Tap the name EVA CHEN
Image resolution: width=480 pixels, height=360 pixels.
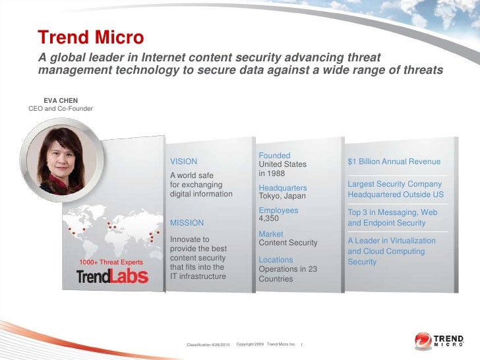[x=61, y=101]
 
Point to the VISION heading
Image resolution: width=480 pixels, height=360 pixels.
[x=183, y=162]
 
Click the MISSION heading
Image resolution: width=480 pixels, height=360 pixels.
[x=187, y=223]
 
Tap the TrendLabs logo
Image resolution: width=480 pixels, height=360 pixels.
[x=112, y=276]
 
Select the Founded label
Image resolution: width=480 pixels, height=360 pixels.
[x=274, y=156]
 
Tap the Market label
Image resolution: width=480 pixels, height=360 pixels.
[x=271, y=234]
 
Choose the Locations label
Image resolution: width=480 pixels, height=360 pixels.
[x=276, y=260]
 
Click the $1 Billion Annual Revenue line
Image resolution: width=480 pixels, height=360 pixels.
[x=394, y=162]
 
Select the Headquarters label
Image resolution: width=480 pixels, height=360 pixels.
[x=283, y=188]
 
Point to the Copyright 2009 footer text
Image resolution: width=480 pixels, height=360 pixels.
[x=250, y=345]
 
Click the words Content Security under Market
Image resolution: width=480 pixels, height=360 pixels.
[x=288, y=243]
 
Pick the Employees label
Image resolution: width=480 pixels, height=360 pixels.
[x=278, y=211]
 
